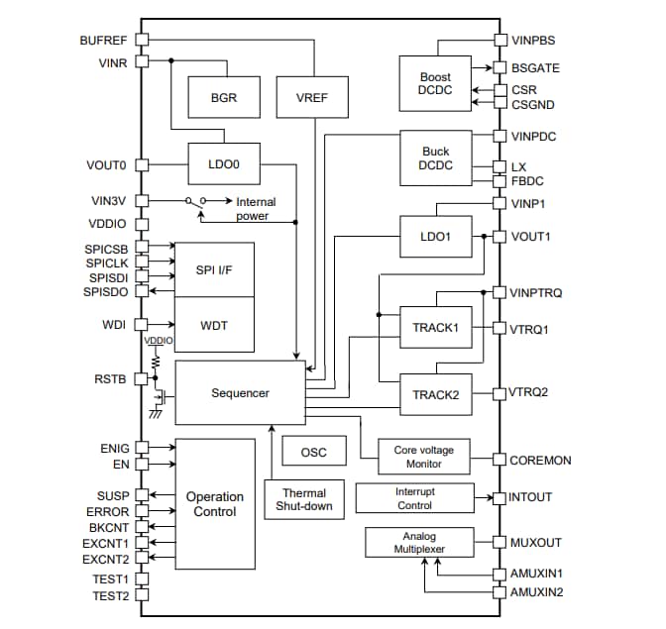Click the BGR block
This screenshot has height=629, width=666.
tap(223, 98)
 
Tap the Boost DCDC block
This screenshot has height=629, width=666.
tap(434, 83)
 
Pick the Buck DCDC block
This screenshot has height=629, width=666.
tap(435, 158)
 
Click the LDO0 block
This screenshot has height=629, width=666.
tap(224, 164)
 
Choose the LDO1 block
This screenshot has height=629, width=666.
tap(435, 237)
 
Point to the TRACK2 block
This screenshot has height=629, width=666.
tap(435, 393)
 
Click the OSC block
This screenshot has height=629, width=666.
tap(313, 452)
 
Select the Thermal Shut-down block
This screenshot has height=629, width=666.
tap(304, 499)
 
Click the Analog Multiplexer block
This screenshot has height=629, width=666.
tap(419, 542)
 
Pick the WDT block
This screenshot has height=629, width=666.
tap(214, 324)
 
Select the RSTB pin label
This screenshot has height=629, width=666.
tap(110, 378)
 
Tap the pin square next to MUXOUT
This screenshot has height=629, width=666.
tap(500, 542)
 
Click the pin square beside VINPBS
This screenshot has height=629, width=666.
tap(500, 41)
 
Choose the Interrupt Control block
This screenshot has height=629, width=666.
tap(414, 497)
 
